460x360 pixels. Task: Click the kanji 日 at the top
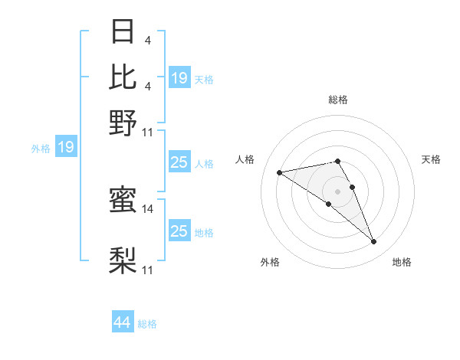[x=123, y=33]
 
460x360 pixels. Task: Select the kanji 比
[x=123, y=77]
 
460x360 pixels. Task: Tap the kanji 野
[x=123, y=122]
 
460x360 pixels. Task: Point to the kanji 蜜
[x=123, y=201]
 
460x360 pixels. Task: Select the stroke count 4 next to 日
[x=147, y=41]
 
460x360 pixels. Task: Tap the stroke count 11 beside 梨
[x=148, y=270]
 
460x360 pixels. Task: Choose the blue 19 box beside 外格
[x=66, y=147]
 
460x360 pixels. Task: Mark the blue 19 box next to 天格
[x=179, y=78]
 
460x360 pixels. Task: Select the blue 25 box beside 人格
[x=179, y=162]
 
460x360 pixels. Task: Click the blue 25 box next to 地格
[x=179, y=231]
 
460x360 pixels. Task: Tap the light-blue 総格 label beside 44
[x=147, y=324]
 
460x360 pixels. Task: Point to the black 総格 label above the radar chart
[x=337, y=100]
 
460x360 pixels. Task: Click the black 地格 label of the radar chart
[x=402, y=262]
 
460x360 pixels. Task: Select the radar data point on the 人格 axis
[x=280, y=172]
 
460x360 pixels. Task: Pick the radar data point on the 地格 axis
[x=374, y=242]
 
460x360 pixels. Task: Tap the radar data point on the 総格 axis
[x=337, y=161]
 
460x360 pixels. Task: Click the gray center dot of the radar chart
[x=337, y=191]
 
